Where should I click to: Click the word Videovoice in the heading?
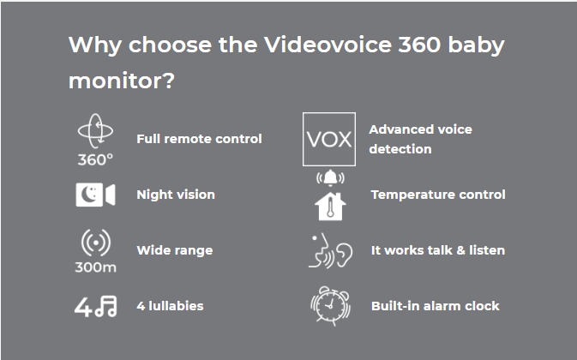pos(328,45)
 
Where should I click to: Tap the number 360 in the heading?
pos(419,45)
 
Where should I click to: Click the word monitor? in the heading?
pos(122,81)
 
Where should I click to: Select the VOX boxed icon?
pos(329,140)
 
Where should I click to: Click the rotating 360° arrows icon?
pos(95,131)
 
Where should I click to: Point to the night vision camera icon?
pos(95,195)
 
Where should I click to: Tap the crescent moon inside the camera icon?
pos(88,195)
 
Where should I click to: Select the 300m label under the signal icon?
pos(95,267)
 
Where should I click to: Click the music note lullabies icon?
pos(95,307)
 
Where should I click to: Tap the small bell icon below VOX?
pos(330,178)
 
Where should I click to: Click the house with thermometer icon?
pos(330,207)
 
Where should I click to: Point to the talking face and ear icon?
pos(330,250)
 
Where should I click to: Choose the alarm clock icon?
pos(330,306)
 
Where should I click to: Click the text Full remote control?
pos(199,139)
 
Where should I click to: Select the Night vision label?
pos(176,195)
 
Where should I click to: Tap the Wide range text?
pos(175,250)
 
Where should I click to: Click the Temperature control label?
pos(438,195)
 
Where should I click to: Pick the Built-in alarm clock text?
pos(435,306)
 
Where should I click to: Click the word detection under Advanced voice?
pos(400,149)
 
